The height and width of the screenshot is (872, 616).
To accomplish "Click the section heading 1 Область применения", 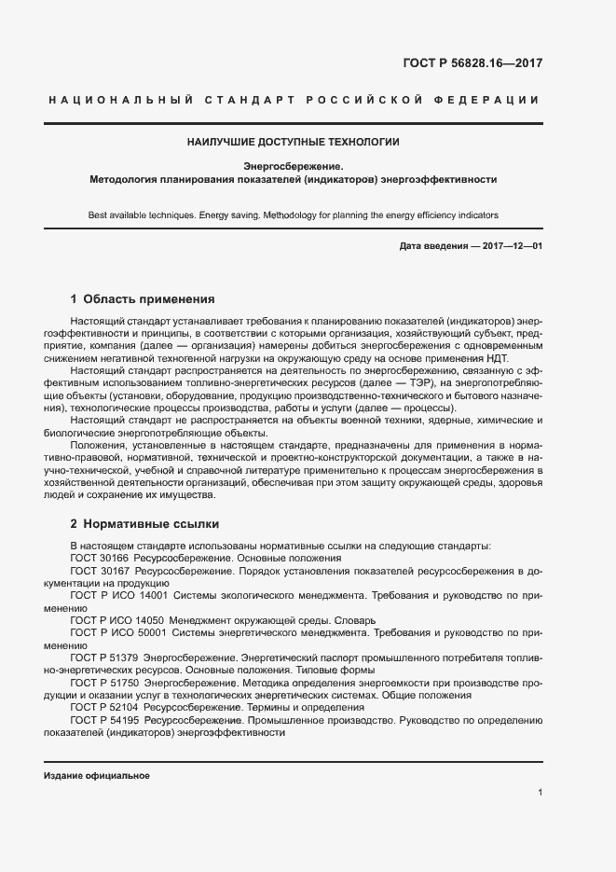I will point(143,299).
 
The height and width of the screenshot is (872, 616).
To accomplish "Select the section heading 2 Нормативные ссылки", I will point(144,524).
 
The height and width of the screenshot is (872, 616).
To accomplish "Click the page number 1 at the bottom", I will point(540,793).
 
